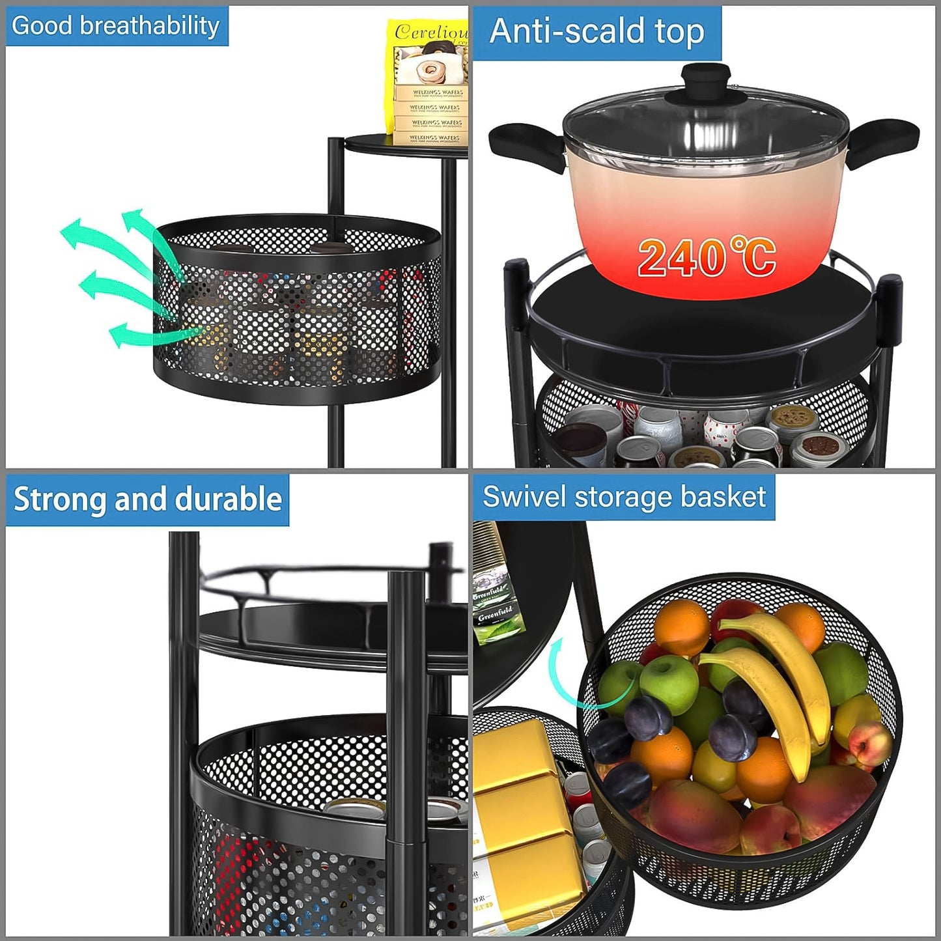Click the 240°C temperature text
(706, 257)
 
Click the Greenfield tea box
(496, 599)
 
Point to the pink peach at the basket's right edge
(869, 742)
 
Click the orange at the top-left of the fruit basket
(681, 628)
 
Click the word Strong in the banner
(60, 499)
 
